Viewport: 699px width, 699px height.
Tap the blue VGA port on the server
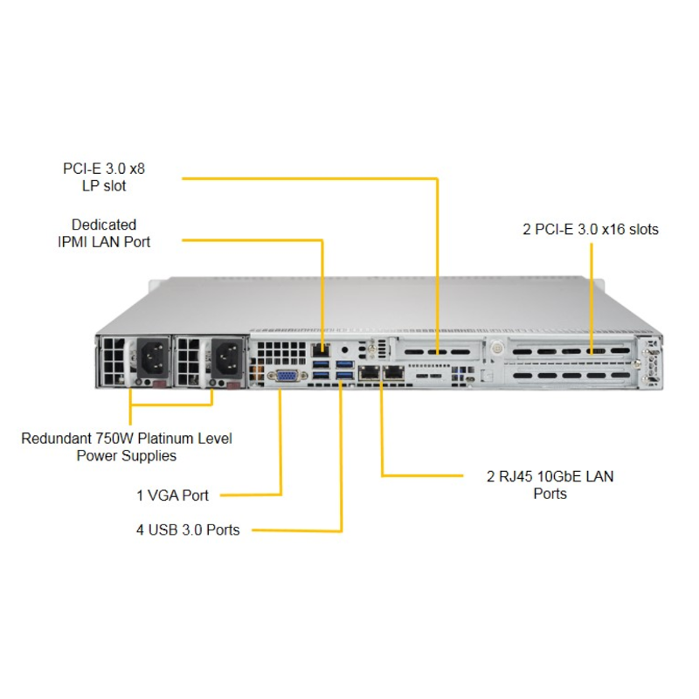click(287, 377)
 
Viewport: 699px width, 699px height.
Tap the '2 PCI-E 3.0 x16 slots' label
click(591, 230)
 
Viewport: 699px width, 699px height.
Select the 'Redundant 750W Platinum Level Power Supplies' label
click(127, 446)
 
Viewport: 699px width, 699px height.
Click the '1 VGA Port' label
click(172, 495)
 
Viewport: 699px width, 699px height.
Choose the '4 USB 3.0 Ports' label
click(188, 529)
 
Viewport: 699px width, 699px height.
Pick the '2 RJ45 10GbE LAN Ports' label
click(550, 485)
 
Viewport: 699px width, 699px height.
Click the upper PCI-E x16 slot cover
click(571, 351)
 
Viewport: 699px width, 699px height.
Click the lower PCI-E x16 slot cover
click(571, 375)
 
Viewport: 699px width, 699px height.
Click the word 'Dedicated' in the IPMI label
click(104, 225)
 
